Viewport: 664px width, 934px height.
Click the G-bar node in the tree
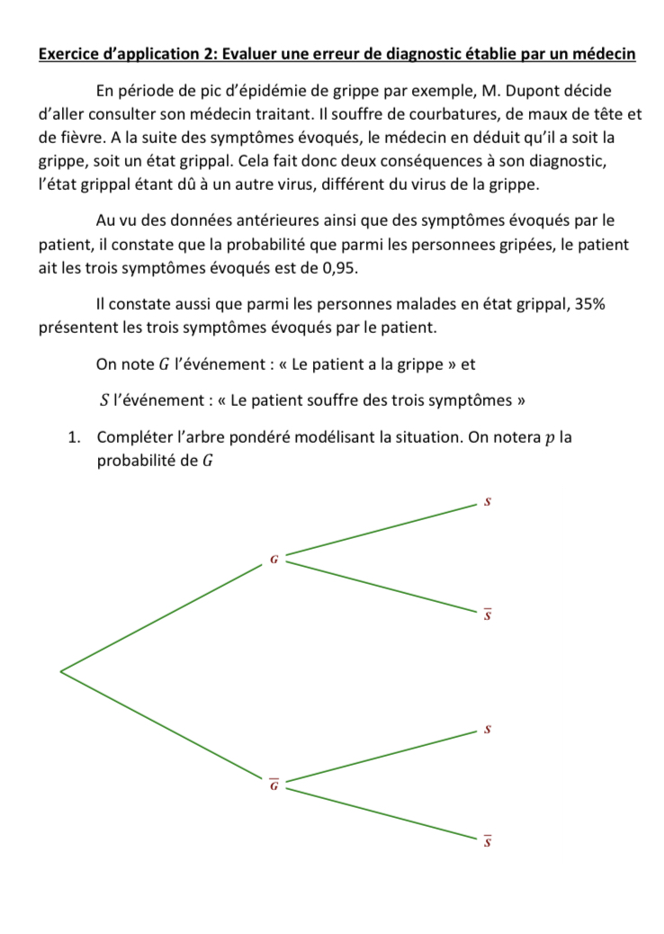274,785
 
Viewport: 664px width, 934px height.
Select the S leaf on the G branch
487,501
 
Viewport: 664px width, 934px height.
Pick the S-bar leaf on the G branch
487,615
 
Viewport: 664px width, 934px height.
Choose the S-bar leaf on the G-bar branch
487,842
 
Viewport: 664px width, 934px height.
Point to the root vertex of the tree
61,670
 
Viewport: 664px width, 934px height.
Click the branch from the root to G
162,616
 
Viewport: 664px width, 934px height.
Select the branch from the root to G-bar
162,723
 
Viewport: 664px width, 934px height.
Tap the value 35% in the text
588,304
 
